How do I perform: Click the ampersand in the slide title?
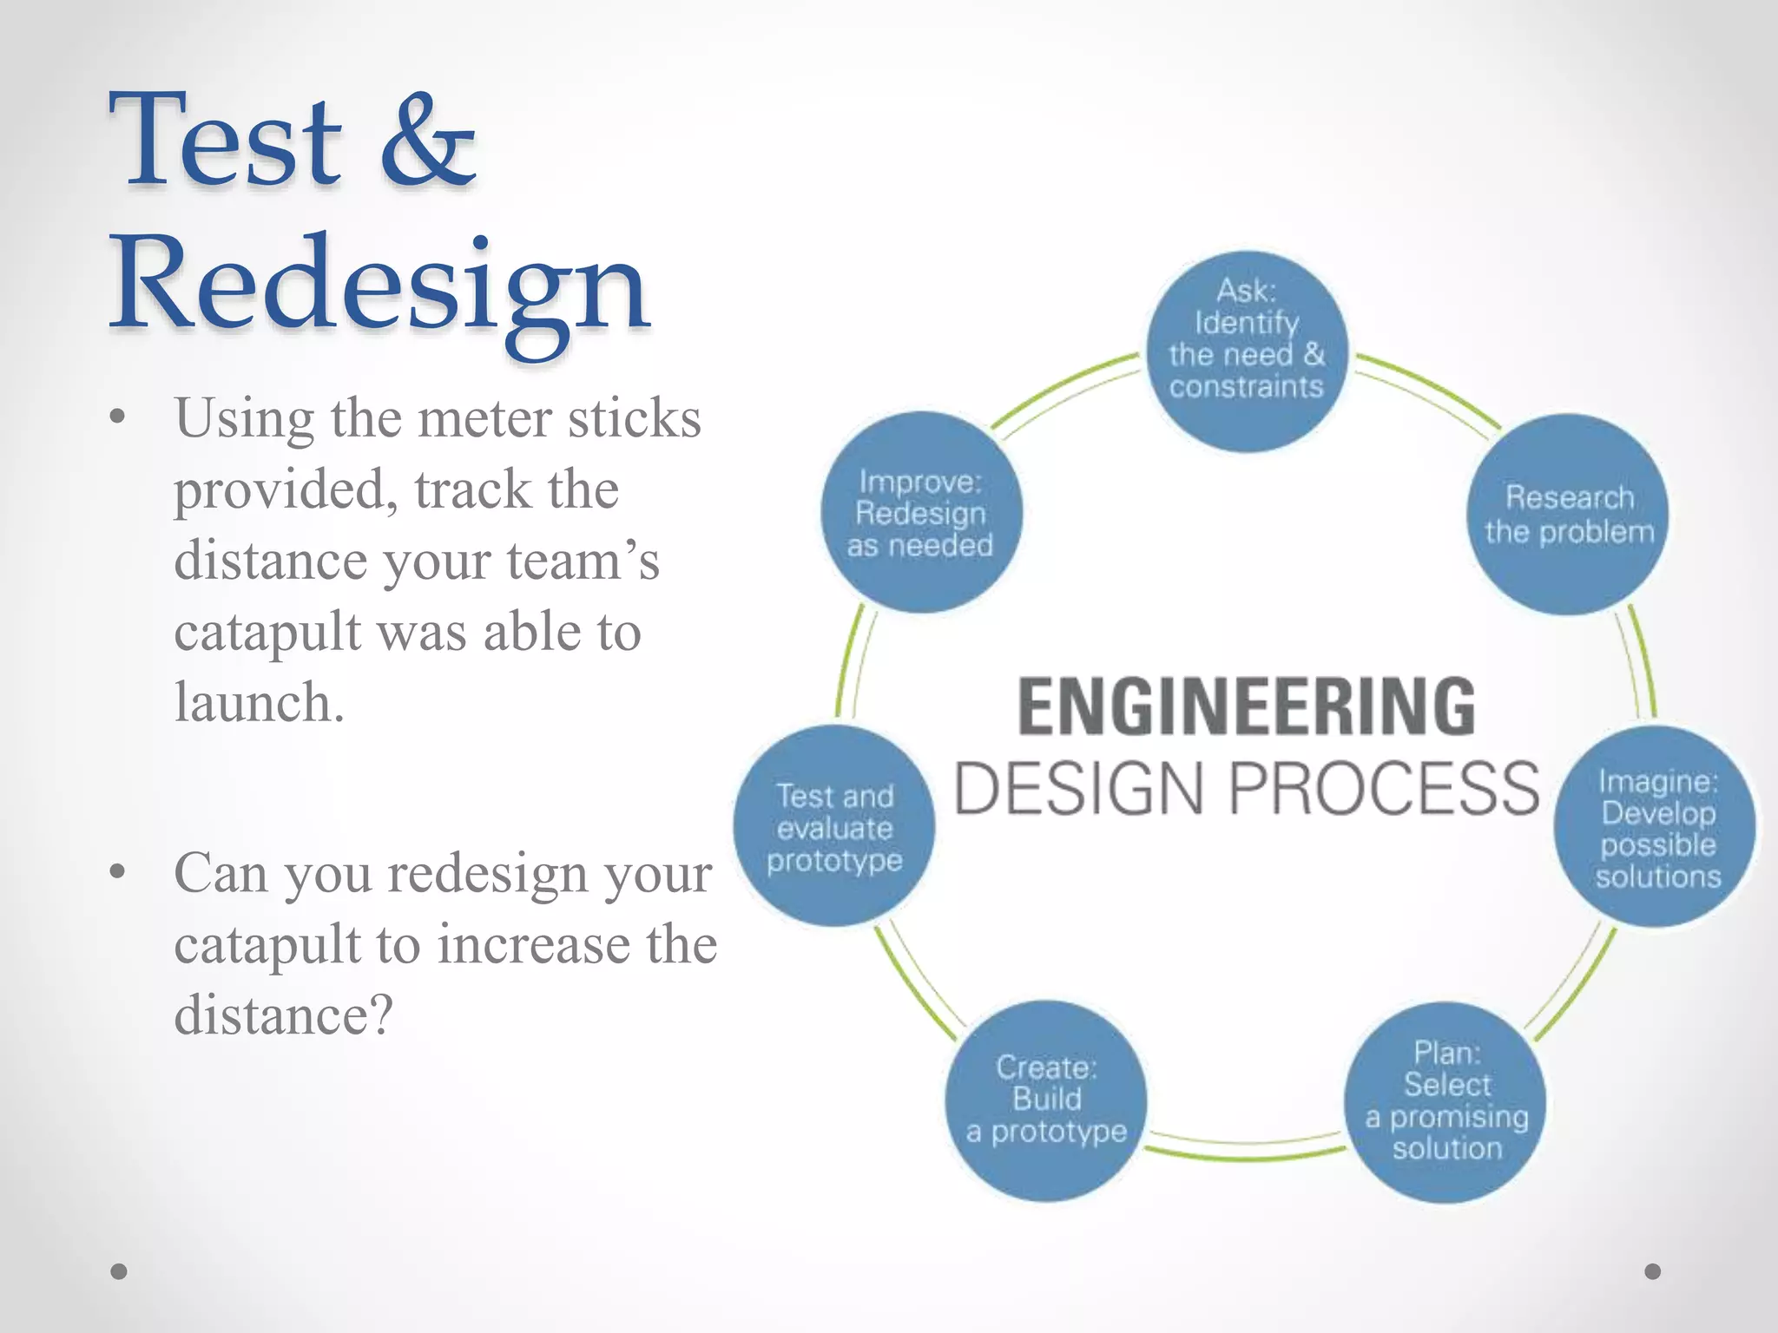pos(428,141)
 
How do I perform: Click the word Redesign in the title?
pos(379,286)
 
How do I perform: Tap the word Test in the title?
pos(225,141)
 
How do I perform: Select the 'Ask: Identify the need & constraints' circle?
pos(1247,351)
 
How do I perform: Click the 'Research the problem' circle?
pos(1568,515)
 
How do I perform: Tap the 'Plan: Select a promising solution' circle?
pos(1445,1101)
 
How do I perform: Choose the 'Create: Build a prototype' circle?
pos(1046,1100)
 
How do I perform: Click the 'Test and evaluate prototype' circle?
pos(834,826)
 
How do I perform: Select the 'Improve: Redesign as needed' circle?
pos(921,513)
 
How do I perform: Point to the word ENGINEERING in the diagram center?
pos(1246,707)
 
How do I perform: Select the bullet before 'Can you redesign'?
pos(119,872)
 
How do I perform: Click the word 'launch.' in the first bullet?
pos(260,703)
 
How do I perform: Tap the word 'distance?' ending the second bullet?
pos(283,1015)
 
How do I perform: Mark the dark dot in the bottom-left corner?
pos(120,1271)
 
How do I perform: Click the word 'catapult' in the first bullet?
pos(267,633)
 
